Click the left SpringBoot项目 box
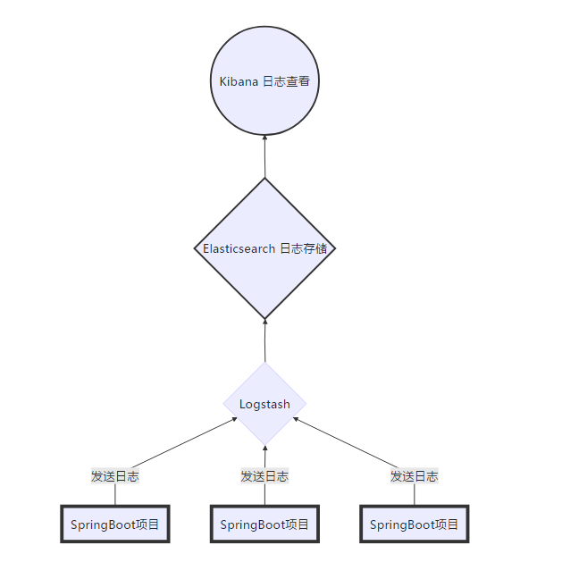(x=114, y=524)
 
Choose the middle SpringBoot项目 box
(x=264, y=524)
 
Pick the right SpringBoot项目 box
(x=414, y=524)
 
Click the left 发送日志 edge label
(x=114, y=476)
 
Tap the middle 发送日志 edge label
(x=264, y=476)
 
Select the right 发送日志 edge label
(x=414, y=476)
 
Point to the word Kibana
(x=239, y=81)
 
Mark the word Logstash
(x=264, y=404)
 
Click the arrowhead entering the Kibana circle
(x=264, y=138)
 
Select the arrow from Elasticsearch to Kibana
(x=264, y=158)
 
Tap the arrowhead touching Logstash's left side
(x=234, y=419)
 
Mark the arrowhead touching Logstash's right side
(x=296, y=419)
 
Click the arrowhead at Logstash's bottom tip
(x=264, y=449)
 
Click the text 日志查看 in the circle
(x=287, y=81)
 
